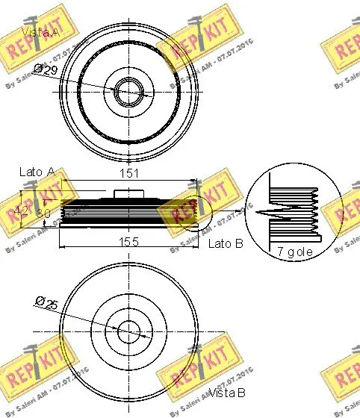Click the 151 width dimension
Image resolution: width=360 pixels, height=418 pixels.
tap(128, 174)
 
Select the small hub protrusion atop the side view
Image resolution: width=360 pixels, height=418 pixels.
tap(128, 194)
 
